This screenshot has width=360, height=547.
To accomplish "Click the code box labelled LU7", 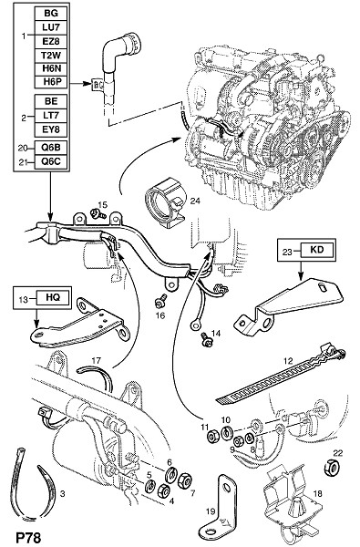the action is pos(51,27).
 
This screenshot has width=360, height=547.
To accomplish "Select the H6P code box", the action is pos(51,81).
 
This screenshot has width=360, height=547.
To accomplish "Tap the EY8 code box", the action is pos(51,129).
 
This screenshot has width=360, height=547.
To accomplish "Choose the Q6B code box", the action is pos(51,148).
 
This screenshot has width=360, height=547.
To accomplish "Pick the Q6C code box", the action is pos(51,162).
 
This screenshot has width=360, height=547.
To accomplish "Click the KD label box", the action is pos(317,250).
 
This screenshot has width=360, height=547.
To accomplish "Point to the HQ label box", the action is pos(53,297).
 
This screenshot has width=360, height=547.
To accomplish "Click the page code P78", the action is pos(28,537).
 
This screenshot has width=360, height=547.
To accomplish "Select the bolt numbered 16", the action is pos(160,301).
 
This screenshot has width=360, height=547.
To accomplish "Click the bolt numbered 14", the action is pos(205,340).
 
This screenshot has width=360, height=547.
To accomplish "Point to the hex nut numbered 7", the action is pos(184,481).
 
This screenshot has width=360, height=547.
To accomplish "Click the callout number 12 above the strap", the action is pos(288,360).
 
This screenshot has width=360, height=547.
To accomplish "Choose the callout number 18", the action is pos(318,493).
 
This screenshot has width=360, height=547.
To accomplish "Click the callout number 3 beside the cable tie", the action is pos(63,493).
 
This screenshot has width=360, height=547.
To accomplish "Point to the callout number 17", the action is pos(97,360).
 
